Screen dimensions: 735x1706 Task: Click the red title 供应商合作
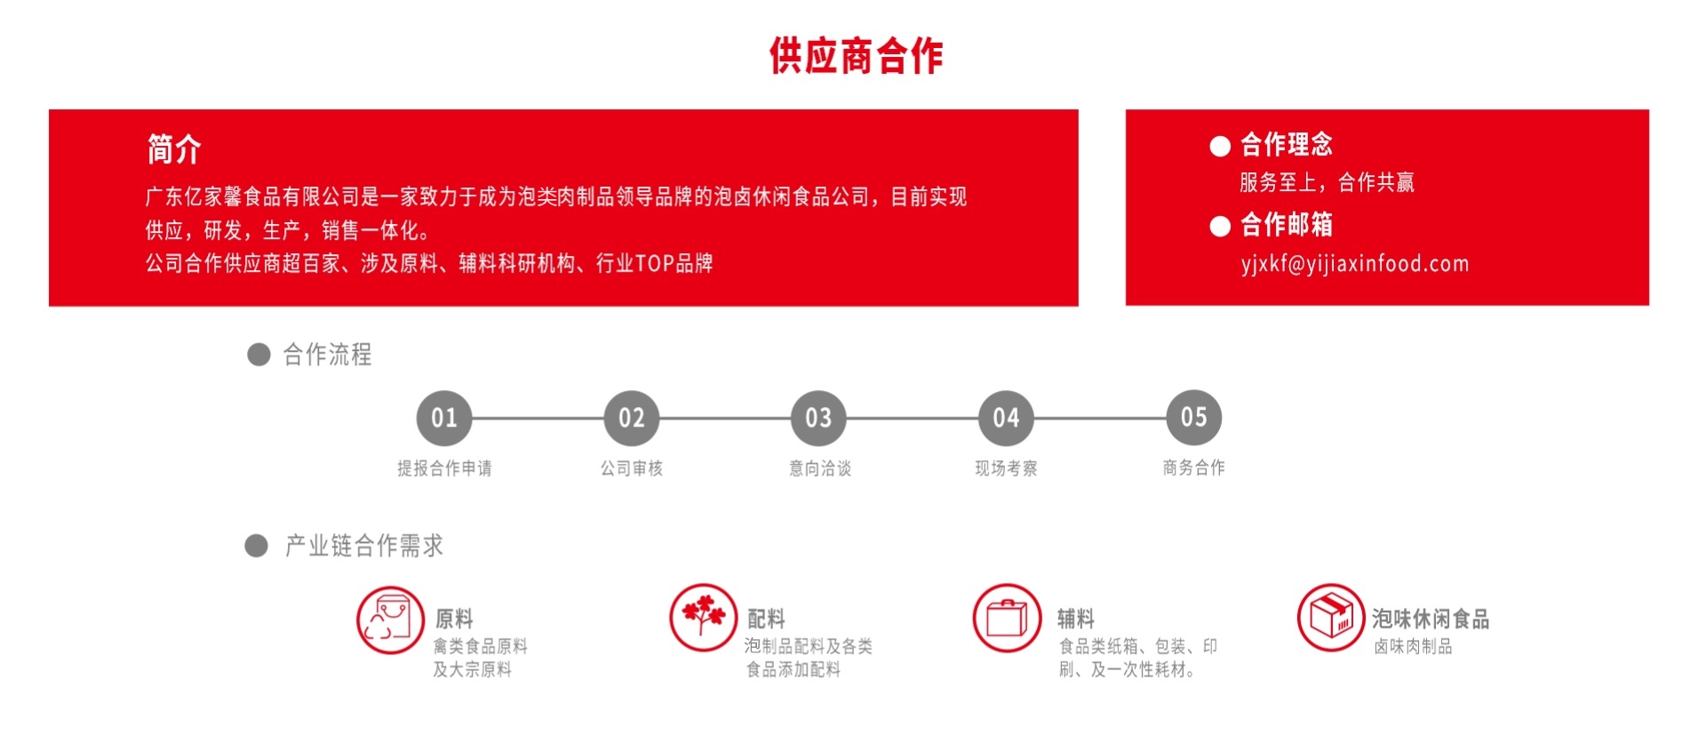856,56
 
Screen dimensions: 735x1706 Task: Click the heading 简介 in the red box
174,149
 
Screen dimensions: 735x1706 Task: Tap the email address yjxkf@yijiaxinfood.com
1354,264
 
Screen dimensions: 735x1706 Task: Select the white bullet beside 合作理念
1220,146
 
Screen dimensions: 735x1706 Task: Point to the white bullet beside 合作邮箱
1220,227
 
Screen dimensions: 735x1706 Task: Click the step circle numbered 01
444,418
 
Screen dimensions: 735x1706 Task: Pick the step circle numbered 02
632,418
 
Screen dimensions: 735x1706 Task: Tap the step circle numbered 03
818,418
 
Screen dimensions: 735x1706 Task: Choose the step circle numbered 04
1006,418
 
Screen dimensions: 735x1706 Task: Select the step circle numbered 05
1193,417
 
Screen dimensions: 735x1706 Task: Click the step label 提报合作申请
444,468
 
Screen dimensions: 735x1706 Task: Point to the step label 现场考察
1006,468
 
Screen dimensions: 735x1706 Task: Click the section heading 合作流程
327,355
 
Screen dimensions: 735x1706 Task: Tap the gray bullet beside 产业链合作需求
257,546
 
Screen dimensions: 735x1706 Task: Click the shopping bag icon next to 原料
390,619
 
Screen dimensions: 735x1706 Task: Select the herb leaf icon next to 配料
703,617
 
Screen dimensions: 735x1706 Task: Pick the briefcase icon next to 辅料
1007,617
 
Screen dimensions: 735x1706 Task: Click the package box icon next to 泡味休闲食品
1330,617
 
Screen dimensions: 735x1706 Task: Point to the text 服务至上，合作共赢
1327,183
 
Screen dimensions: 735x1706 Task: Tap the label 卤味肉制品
1413,647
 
